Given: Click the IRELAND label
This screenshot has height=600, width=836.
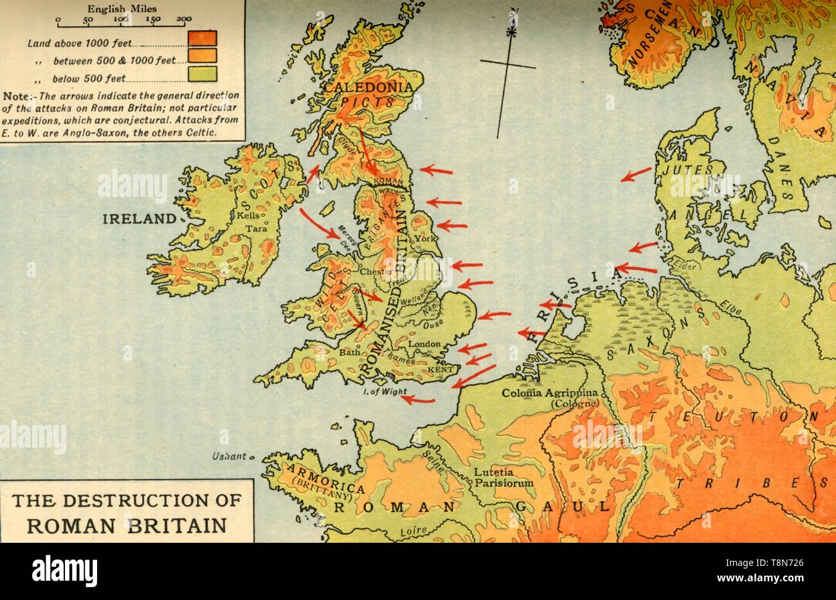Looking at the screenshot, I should [x=139, y=219].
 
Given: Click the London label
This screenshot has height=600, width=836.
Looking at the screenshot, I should [x=424, y=345].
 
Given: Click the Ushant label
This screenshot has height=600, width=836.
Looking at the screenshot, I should [x=230, y=457].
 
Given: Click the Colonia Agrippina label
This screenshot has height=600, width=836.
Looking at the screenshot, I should [x=550, y=393].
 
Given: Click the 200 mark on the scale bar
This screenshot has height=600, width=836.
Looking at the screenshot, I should [x=184, y=19].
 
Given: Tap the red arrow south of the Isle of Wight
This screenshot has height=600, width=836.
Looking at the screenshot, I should [x=417, y=400].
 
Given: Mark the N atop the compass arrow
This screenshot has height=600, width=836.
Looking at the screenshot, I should [x=513, y=12].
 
